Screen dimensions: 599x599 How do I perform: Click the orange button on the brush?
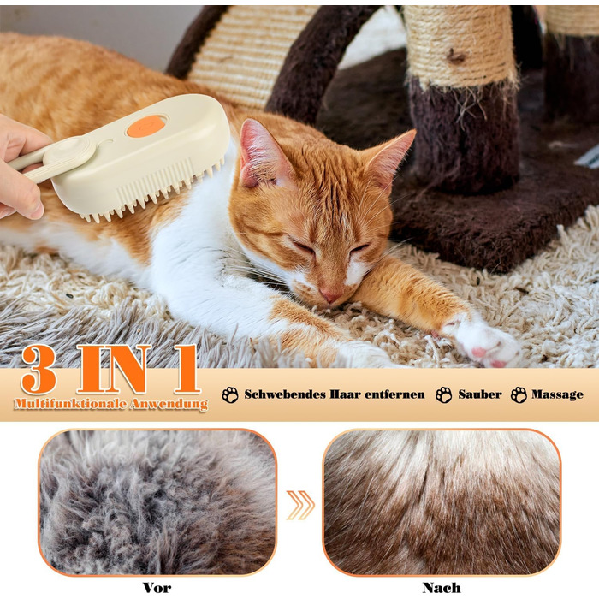pyautogui.click(x=146, y=126)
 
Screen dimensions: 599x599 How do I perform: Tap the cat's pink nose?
pyautogui.click(x=330, y=295)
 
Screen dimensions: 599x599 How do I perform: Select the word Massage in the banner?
pyautogui.click(x=557, y=394)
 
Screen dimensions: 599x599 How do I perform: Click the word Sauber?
pyautogui.click(x=480, y=394)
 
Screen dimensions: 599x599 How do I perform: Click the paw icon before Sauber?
pyautogui.click(x=443, y=394)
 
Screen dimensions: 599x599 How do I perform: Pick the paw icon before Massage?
pyautogui.click(x=519, y=394)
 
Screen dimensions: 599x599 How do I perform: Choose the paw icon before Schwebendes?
pyautogui.click(x=230, y=394)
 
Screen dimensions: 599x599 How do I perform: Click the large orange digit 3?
pyautogui.click(x=39, y=369)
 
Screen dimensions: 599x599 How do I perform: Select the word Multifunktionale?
pyautogui.click(x=70, y=404)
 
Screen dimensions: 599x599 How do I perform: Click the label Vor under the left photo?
pyautogui.click(x=157, y=587)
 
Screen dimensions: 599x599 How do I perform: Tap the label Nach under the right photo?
pyautogui.click(x=442, y=587)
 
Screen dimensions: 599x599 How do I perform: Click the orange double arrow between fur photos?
pyautogui.click(x=300, y=505)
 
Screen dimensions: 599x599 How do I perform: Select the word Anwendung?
pyautogui.click(x=169, y=405)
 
